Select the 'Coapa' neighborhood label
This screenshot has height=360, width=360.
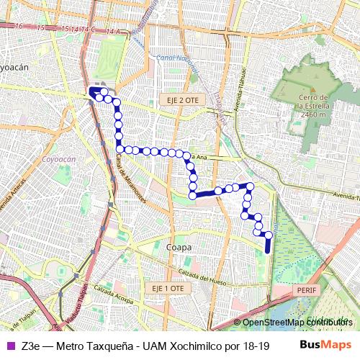tap(179, 247)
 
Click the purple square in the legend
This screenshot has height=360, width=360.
tap(9, 345)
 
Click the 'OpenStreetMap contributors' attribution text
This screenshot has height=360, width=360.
tap(297, 322)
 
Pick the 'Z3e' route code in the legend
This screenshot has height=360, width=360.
tap(30, 345)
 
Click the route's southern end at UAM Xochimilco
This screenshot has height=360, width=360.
tap(268, 251)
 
